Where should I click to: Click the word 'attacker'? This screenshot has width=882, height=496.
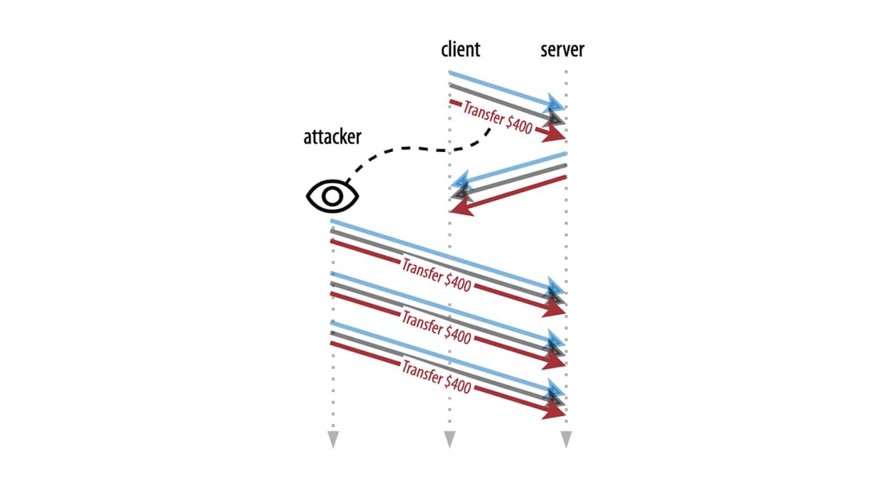(x=332, y=137)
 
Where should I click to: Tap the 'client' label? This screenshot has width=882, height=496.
(x=461, y=50)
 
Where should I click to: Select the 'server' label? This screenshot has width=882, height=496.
(x=562, y=50)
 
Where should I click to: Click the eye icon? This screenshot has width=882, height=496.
(x=333, y=197)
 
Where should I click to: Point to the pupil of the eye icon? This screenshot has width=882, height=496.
(x=333, y=197)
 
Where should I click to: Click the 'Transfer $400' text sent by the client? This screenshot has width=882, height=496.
(x=497, y=118)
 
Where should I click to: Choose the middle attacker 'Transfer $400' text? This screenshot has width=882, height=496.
(x=435, y=326)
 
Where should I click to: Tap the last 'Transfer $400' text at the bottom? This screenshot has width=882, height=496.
(x=435, y=377)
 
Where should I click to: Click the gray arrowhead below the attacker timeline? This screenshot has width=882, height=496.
(x=333, y=439)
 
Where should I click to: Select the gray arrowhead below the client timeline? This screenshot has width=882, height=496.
(x=450, y=439)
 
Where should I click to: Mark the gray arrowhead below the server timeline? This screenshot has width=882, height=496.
(x=566, y=439)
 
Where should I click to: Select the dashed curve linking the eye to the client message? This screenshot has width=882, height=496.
(x=417, y=149)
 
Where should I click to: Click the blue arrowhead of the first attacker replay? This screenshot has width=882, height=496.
(x=556, y=287)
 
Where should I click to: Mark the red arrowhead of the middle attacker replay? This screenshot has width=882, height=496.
(x=557, y=362)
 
